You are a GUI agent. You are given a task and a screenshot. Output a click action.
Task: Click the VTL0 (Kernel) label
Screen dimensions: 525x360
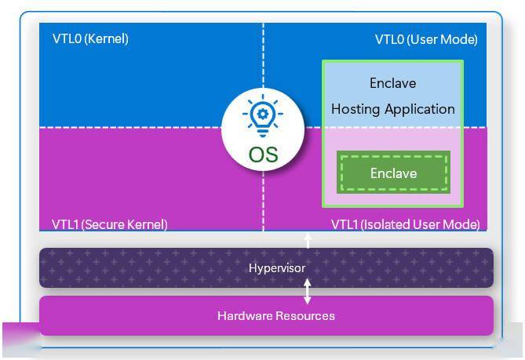click(x=90, y=38)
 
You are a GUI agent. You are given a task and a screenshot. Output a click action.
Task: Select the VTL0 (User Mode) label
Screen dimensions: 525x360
click(x=426, y=39)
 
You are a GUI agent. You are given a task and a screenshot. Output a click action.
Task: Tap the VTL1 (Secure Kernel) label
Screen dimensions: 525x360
click(x=110, y=224)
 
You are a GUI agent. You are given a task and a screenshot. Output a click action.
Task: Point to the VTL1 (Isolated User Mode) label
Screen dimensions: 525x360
click(x=406, y=224)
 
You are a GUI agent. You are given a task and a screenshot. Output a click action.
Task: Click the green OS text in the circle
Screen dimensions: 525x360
click(x=263, y=155)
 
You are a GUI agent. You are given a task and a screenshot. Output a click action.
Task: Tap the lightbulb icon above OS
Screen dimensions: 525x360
click(x=263, y=115)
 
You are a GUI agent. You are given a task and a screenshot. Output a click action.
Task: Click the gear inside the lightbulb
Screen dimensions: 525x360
click(x=263, y=114)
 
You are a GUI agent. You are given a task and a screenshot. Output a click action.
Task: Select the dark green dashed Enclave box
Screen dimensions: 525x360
click(x=393, y=173)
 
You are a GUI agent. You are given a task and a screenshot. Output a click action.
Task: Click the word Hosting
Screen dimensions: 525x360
click(x=355, y=109)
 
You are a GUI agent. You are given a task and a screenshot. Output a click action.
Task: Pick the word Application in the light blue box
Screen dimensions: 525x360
click(x=420, y=109)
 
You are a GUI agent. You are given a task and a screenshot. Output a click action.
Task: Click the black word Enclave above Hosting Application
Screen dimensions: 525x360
click(x=393, y=83)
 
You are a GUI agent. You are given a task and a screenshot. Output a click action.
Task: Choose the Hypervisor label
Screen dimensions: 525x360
click(x=277, y=268)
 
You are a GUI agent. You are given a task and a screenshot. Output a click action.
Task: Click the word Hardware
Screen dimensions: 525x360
click(x=245, y=316)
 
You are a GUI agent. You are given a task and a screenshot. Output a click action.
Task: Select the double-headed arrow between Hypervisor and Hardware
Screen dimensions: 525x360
click(x=308, y=292)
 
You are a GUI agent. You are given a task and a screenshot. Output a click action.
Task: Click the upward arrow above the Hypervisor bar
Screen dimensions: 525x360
click(x=308, y=241)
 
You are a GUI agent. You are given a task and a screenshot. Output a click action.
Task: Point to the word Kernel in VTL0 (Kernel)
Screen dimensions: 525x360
click(x=107, y=38)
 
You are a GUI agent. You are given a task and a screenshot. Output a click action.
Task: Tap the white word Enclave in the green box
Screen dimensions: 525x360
click(x=393, y=173)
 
